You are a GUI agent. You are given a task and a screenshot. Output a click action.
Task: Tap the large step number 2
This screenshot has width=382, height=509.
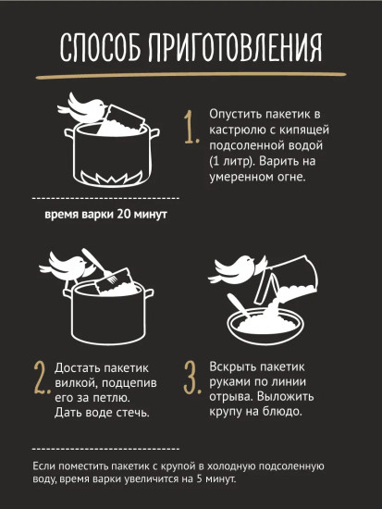[42, 379]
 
